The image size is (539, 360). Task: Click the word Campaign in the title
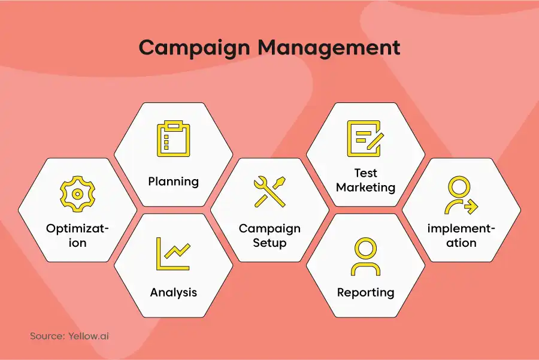(x=194, y=48)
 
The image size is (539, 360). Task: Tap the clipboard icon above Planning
(x=173, y=138)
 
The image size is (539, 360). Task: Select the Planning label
(x=173, y=181)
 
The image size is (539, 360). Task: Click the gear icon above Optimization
(x=77, y=193)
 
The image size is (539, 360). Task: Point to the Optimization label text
(x=77, y=235)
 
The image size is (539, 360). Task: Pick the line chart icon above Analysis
(x=173, y=253)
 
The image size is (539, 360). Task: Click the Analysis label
(x=173, y=292)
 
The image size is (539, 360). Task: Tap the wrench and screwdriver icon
(x=269, y=192)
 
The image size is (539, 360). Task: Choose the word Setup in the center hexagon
(x=269, y=243)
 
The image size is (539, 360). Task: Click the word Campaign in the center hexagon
(x=269, y=229)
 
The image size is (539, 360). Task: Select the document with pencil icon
(x=365, y=138)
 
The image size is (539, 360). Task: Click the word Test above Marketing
(x=365, y=173)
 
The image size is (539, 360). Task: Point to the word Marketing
(x=365, y=187)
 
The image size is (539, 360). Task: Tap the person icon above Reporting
(x=365, y=256)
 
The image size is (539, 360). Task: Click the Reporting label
(x=365, y=292)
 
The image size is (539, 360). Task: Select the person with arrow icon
(x=461, y=195)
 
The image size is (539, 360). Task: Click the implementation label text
(x=461, y=235)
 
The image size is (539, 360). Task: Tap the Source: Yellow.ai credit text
(x=69, y=336)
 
